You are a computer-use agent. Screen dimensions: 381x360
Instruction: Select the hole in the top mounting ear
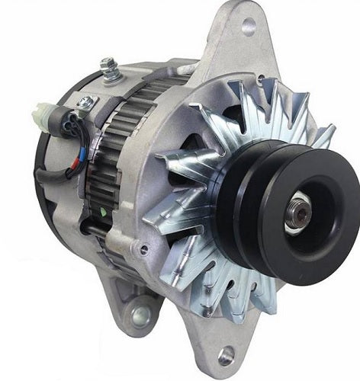point(248,27)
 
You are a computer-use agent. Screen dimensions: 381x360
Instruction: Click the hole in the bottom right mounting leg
point(227,354)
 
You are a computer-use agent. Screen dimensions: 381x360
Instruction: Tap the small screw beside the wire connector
point(86,101)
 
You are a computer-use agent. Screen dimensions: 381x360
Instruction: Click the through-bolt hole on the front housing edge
point(143,248)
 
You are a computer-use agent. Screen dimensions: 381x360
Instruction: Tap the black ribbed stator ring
point(107,175)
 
